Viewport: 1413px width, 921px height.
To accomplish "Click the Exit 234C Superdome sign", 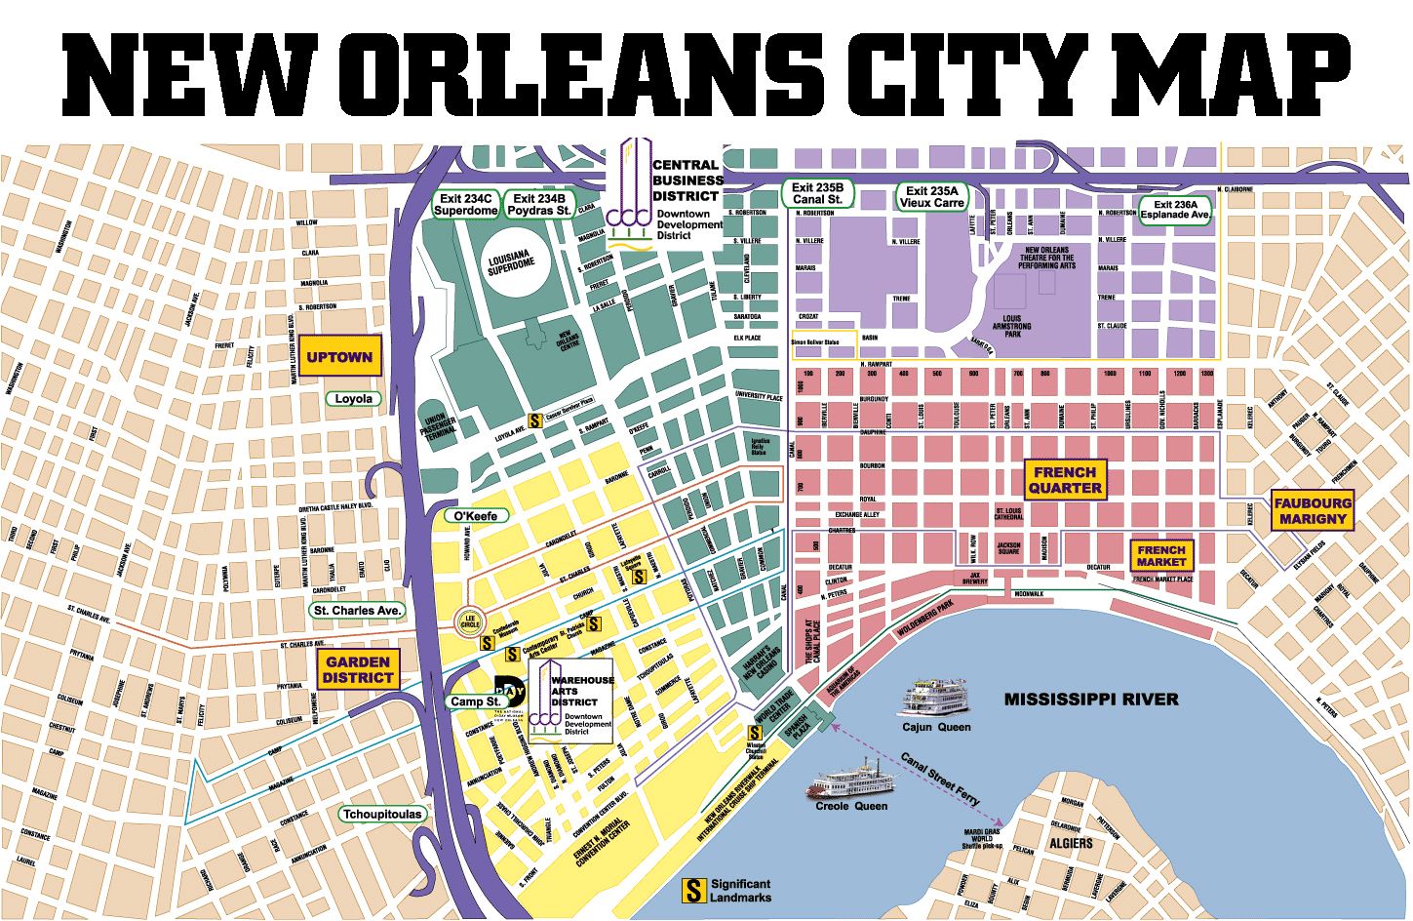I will point(466,204).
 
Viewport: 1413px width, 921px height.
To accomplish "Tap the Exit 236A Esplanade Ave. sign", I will point(1174,210).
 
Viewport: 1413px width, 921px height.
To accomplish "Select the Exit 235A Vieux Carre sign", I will point(931,197).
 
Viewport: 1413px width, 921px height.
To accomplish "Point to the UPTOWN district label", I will point(339,357).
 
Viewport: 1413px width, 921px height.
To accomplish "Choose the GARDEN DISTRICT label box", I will point(358,669).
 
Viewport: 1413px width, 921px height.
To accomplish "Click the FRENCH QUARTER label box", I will point(1065,480).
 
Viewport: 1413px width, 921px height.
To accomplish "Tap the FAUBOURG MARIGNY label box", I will point(1313,511).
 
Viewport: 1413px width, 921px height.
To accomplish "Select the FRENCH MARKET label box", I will point(1160,556).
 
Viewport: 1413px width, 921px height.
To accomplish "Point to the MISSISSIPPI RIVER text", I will point(1091,700).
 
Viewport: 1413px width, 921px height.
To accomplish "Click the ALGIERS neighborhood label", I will point(1071,843).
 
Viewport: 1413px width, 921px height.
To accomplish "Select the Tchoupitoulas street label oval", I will point(382,814).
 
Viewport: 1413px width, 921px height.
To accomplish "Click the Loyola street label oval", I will point(353,399).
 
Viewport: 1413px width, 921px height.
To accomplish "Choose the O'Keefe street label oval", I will point(476,515).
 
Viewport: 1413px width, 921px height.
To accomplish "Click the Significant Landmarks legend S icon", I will point(693,890).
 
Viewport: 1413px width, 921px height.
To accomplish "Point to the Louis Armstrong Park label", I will point(1011,326).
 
